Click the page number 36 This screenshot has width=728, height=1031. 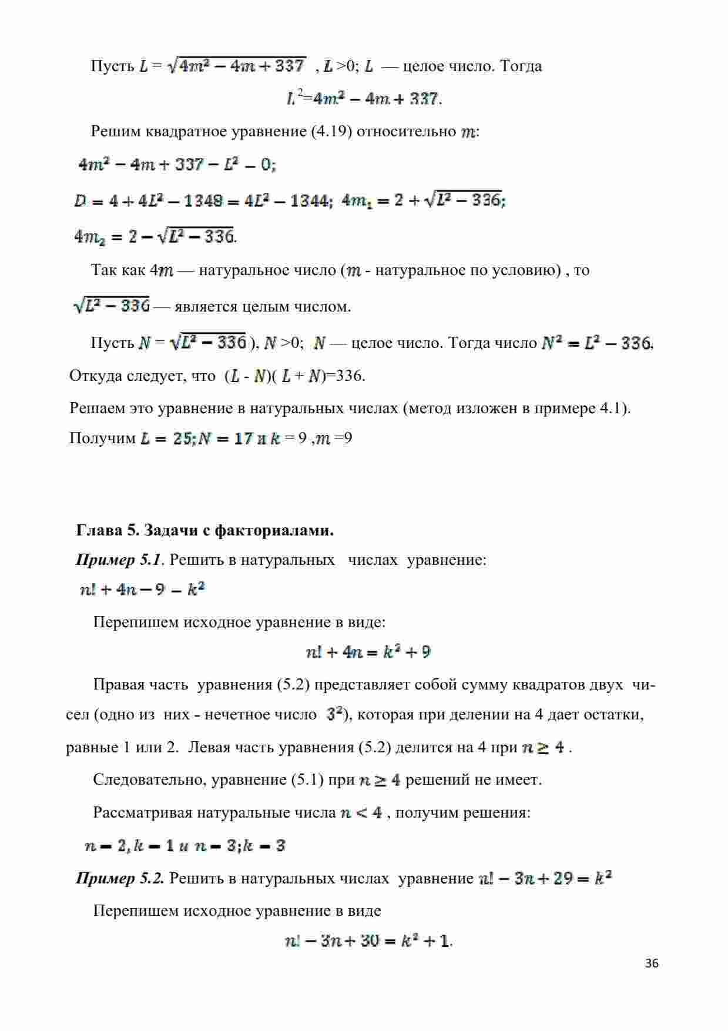[652, 963]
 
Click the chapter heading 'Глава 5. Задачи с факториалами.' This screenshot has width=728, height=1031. [205, 531]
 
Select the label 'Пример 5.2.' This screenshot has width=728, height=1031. [120, 879]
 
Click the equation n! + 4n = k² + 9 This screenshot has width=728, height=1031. [368, 652]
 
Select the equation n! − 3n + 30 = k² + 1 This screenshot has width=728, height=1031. [367, 941]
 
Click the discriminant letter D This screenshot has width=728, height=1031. [80, 202]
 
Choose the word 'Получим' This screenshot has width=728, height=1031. [102, 438]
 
